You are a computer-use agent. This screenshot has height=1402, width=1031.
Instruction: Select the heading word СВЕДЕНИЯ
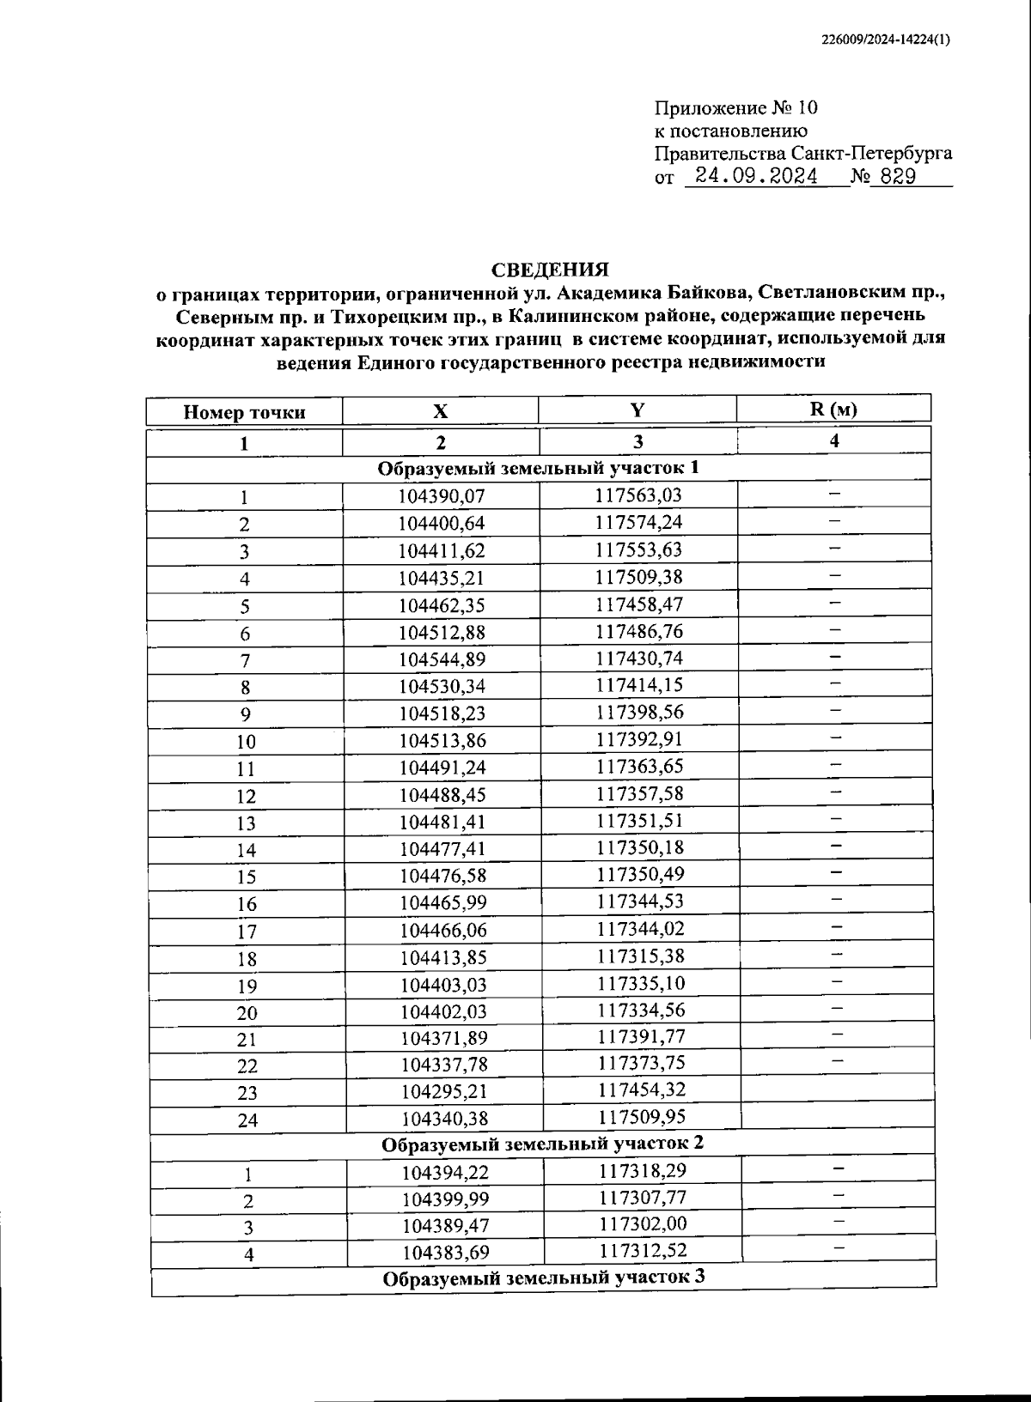click(x=549, y=270)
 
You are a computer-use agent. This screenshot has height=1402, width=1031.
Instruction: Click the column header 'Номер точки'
click(x=244, y=412)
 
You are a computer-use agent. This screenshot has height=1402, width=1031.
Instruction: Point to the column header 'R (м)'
click(x=833, y=409)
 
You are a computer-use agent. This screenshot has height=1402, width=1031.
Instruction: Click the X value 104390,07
click(x=442, y=496)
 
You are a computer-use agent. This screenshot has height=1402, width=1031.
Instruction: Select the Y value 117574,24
click(x=638, y=521)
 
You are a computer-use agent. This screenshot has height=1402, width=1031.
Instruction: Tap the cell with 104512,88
click(x=442, y=633)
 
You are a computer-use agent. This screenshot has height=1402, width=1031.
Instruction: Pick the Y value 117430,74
click(x=638, y=658)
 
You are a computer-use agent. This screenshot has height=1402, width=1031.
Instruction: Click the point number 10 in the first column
click(x=246, y=742)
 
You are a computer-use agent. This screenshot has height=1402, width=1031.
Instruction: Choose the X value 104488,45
click(x=442, y=795)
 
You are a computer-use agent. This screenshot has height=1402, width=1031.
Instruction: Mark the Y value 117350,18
click(x=639, y=847)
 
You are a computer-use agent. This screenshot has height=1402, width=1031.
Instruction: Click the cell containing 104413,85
click(x=442, y=957)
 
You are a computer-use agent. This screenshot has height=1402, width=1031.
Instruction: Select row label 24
click(x=247, y=1120)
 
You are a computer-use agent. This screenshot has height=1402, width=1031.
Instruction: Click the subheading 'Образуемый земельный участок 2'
click(x=543, y=1144)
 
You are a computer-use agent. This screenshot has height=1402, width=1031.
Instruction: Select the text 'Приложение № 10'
click(x=736, y=108)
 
